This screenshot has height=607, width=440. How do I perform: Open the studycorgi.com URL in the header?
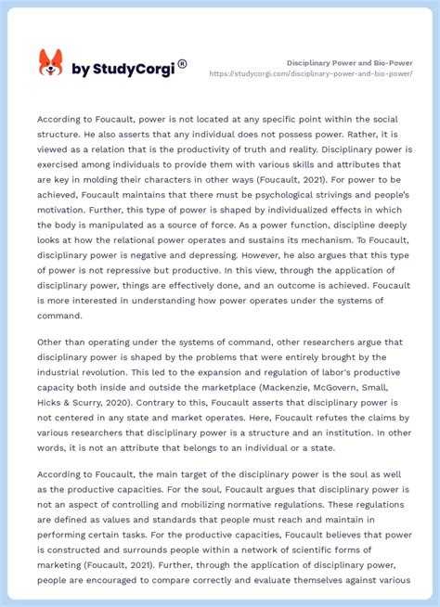click(x=311, y=73)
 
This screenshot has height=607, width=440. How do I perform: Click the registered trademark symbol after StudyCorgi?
click(x=182, y=63)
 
